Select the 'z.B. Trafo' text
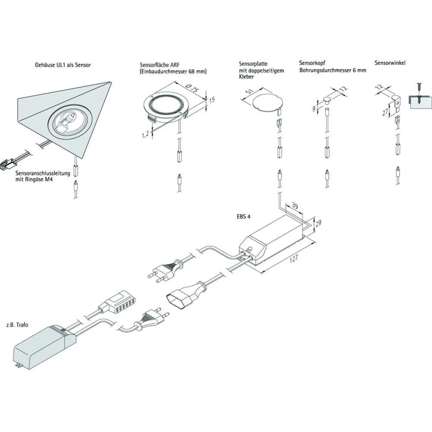click(x=18, y=324)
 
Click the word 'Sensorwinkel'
click(x=390, y=63)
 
